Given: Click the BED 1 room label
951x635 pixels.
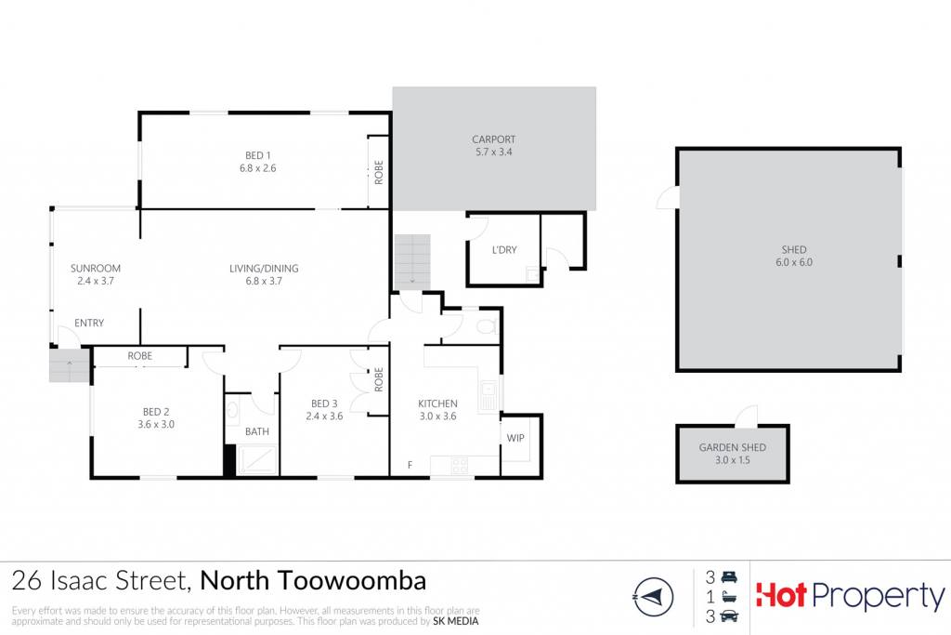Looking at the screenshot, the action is click(258, 155).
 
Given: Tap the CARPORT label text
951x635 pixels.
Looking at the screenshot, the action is click(494, 139).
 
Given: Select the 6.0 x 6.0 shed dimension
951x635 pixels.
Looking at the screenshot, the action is click(794, 262).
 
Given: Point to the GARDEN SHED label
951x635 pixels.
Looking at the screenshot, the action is click(732, 447).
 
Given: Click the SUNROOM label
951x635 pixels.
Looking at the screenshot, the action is click(96, 269).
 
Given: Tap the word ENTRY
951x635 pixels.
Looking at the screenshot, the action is click(89, 323).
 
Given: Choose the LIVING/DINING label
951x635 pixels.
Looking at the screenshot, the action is click(264, 269).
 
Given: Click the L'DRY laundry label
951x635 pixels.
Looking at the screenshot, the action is click(504, 249).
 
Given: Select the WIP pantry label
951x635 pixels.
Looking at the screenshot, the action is click(515, 438).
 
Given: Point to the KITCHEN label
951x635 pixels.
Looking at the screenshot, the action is click(438, 403).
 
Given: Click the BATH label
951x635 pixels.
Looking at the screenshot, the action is click(257, 431).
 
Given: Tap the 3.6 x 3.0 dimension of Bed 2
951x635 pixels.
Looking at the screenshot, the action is click(156, 424).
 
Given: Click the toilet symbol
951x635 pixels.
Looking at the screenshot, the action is click(486, 327).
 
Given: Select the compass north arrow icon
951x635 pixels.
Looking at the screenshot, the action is click(653, 598).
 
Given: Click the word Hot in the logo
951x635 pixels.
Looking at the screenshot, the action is click(781, 595).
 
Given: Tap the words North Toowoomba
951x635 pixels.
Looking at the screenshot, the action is click(313, 581).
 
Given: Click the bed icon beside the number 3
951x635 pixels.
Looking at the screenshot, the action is click(729, 576).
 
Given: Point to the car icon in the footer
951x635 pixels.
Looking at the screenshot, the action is click(729, 616).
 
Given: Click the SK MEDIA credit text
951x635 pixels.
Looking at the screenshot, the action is click(455, 621).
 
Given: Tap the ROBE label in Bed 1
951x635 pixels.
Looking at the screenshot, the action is click(379, 172).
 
